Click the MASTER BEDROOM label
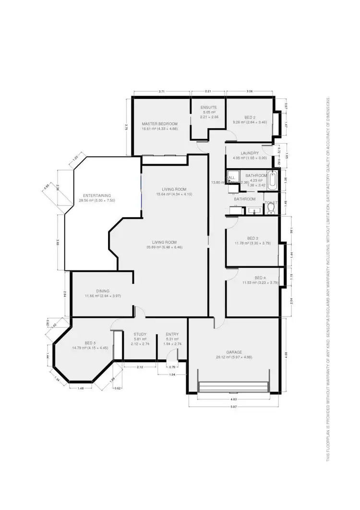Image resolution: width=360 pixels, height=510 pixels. click(159, 124)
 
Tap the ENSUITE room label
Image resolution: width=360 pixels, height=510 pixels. click(209, 107)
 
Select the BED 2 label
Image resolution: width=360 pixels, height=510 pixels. click(250, 118)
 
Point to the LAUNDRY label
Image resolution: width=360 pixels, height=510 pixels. click(250, 153)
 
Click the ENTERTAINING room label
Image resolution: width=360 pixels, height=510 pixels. click(97, 195)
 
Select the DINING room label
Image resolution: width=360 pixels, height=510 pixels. click(102, 291)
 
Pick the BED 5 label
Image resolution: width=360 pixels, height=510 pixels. click(91, 343)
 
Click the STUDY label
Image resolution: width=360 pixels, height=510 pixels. click(140, 334)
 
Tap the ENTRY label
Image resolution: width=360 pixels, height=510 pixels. click(172, 334)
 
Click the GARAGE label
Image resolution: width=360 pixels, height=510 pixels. click(234, 352)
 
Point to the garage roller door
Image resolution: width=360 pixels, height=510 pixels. click(233, 387)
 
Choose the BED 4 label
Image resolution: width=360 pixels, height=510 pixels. click(260, 278)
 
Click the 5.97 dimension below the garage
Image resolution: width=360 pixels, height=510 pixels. click(234, 406)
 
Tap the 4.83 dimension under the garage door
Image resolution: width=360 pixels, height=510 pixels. click(234, 399)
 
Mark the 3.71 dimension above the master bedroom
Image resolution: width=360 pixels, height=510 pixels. click(161, 91)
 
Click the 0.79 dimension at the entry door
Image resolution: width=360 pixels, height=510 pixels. click(172, 367)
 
